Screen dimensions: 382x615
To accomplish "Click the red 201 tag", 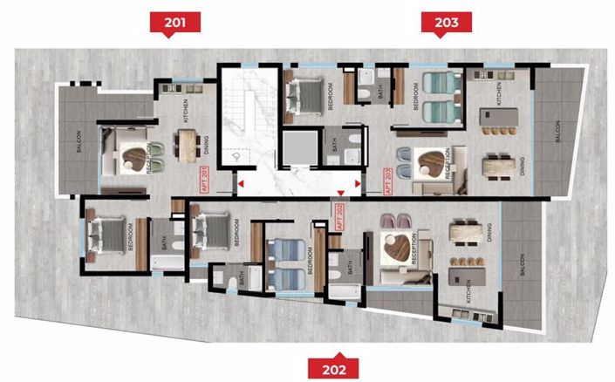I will click(x=174, y=22).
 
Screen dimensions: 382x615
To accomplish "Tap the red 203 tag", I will click(x=446, y=22).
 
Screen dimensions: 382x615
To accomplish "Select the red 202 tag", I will click(x=332, y=368).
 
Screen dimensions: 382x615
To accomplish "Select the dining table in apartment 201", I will click(x=187, y=146).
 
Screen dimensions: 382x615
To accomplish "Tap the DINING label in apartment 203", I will click(x=523, y=166).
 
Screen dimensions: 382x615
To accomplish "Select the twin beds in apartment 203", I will click(x=440, y=97).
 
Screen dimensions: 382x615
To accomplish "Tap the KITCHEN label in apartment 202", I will click(x=468, y=299).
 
